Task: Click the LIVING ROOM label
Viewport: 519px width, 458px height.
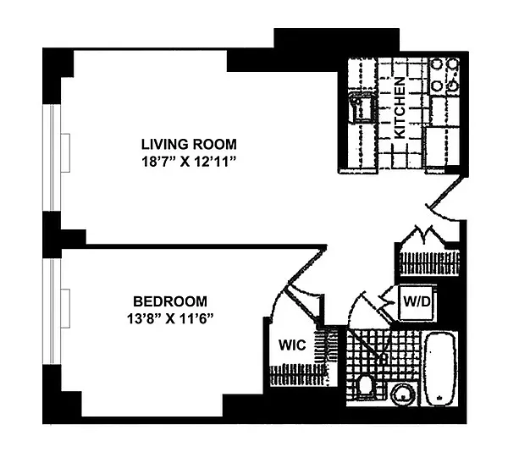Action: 189,144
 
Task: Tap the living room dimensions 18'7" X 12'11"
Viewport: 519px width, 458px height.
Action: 189,163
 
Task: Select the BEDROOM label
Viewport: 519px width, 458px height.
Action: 170,301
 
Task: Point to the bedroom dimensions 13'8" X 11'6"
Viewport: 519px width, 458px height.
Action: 170,319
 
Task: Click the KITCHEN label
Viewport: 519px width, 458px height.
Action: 400,108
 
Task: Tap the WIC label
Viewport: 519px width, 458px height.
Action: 292,345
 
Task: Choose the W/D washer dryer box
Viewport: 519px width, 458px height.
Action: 417,302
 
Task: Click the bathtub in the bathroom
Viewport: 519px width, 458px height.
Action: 440,368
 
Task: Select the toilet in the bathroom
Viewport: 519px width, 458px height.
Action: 366,385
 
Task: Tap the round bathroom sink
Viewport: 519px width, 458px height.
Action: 403,395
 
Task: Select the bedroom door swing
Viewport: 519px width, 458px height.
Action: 307,264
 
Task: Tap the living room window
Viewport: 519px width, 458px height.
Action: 52,157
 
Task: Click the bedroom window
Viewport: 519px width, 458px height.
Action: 52,312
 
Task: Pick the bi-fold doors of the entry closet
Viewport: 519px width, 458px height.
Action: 423,236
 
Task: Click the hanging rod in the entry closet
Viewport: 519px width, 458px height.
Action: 430,263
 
